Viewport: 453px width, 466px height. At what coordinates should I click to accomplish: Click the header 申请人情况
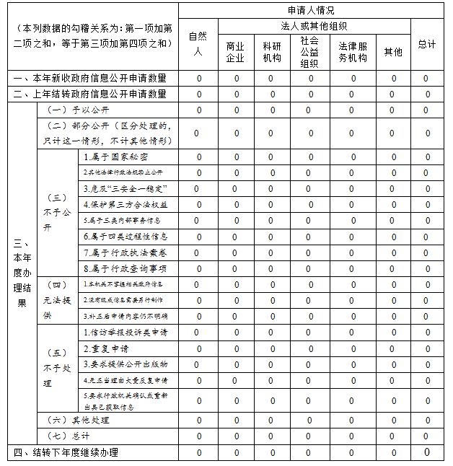[x=310, y=10]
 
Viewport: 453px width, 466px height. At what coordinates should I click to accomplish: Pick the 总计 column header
[x=427, y=44]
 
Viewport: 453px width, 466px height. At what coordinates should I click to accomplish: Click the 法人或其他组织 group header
[x=310, y=27]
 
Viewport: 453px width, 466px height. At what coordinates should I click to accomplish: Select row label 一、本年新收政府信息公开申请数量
[x=90, y=78]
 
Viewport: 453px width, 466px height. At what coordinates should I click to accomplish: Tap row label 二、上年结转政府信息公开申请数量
[x=90, y=94]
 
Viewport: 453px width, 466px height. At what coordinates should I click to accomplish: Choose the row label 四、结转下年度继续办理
[x=66, y=452]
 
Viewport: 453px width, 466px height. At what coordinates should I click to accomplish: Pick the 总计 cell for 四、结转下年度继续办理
[x=427, y=452]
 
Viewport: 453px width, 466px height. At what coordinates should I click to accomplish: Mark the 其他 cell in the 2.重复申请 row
[x=392, y=348]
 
